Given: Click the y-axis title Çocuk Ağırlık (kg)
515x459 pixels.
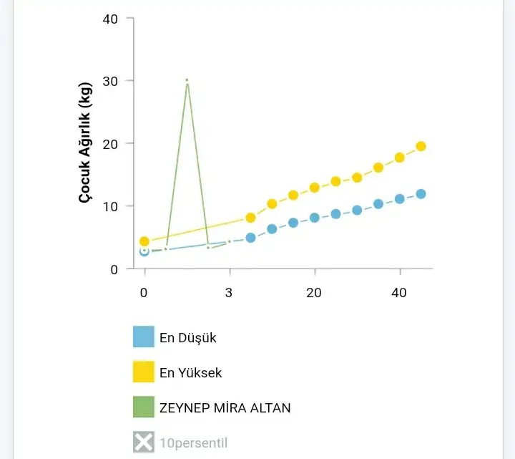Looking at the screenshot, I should (85, 144).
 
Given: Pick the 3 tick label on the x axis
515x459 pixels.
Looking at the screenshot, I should (229, 292).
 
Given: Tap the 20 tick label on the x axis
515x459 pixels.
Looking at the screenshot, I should (314, 292).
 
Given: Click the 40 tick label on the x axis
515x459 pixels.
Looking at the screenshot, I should (399, 292).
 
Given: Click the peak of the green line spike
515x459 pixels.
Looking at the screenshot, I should (187, 80).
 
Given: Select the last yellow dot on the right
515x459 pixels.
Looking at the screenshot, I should (421, 146).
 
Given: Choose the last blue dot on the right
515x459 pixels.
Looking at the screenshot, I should (421, 194).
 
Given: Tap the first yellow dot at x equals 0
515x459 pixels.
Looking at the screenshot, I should (144, 241).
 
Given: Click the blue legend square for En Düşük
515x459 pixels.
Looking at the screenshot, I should (144, 337).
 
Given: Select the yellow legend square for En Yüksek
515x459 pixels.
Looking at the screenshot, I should (144, 372).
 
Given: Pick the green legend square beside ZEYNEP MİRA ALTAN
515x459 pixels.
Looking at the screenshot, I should (144, 407).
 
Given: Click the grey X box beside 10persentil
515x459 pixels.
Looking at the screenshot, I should (144, 443).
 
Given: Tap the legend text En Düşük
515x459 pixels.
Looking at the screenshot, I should (188, 337).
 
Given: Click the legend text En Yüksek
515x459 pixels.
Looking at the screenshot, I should (191, 372).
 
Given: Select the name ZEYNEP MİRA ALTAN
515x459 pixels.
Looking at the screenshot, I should (225, 407).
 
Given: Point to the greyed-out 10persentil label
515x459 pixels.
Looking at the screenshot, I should (194, 443).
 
